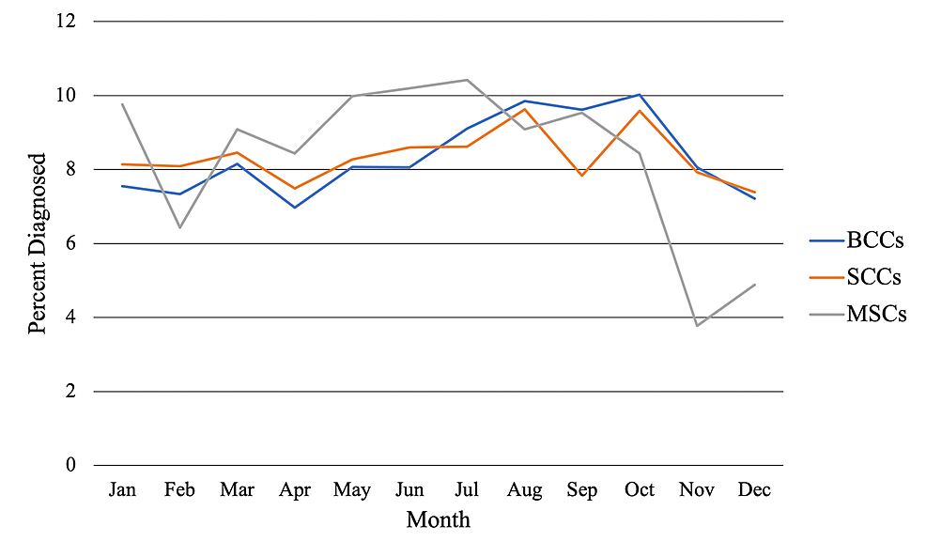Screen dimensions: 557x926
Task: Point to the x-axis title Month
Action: (438, 519)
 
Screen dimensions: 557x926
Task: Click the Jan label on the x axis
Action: (122, 490)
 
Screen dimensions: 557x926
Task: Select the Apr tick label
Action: (295, 490)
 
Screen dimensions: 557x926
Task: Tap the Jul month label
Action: (467, 490)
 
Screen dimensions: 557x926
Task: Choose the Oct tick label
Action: (640, 490)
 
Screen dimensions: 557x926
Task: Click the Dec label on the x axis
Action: (754, 490)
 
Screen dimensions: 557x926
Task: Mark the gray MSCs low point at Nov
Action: (697, 326)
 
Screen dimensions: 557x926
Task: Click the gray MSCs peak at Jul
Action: (467, 80)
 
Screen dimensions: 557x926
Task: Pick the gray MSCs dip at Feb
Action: (179, 227)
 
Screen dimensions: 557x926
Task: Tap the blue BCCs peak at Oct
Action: (640, 94)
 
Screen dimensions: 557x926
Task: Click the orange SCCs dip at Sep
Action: (582, 175)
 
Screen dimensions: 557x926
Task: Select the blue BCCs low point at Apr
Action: (295, 207)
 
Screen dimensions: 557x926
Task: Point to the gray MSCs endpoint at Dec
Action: (754, 285)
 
